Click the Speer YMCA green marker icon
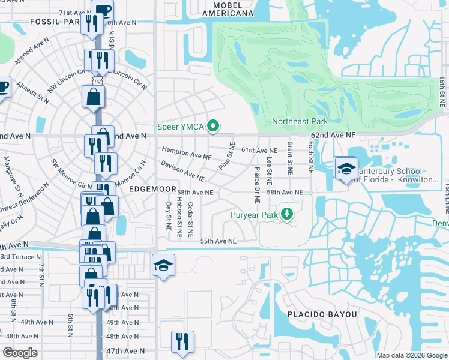[x=212, y=126]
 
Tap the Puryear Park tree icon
[x=288, y=214]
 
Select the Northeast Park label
[x=300, y=121]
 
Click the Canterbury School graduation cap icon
[x=346, y=168]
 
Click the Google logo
[x=20, y=353]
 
